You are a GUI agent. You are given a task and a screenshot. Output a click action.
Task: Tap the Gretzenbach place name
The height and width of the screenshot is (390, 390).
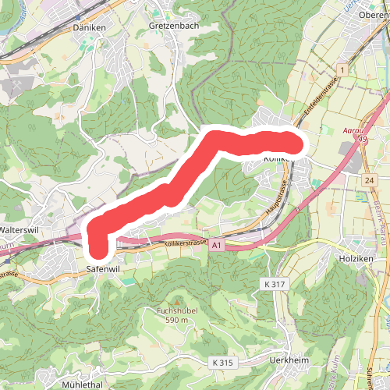[x=173, y=25]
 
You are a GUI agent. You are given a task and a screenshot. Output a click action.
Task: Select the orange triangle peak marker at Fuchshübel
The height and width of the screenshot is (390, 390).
[x=176, y=302]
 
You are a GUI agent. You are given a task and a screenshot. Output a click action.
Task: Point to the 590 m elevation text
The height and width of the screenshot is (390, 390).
[x=175, y=321]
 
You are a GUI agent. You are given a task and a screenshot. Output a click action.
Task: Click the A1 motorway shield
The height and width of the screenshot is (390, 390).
[x=216, y=245]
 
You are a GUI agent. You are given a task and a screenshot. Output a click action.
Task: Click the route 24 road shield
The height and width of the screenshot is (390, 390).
[x=368, y=179]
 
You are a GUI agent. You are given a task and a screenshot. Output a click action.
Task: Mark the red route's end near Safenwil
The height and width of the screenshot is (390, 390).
[x=97, y=250]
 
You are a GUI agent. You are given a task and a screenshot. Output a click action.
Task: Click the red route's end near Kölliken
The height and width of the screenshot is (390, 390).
[x=293, y=143]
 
